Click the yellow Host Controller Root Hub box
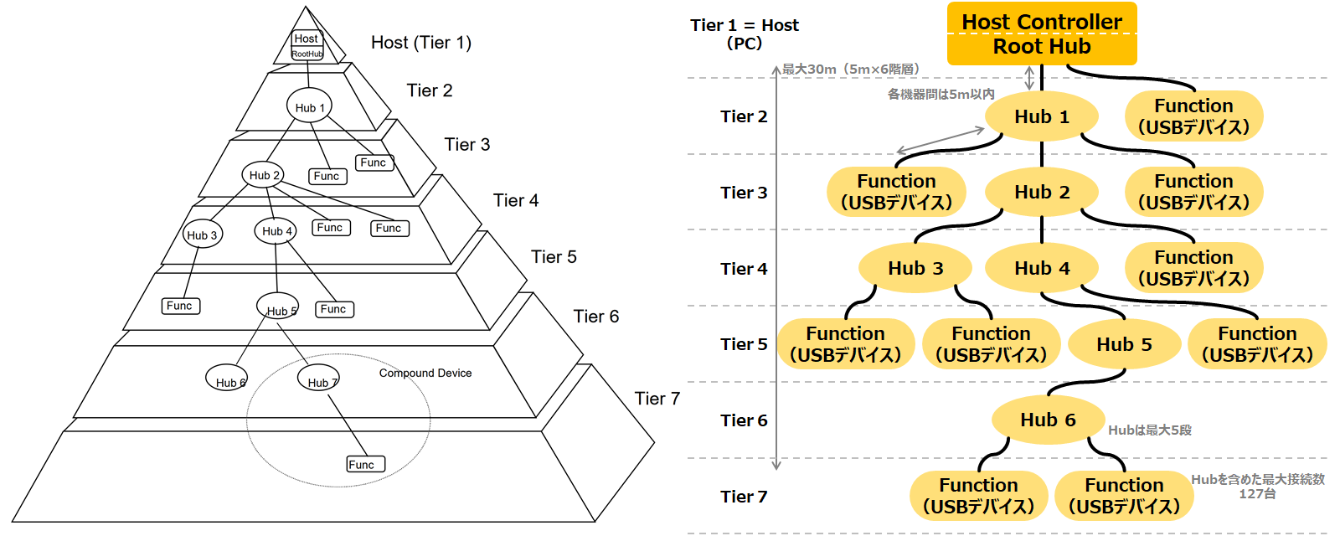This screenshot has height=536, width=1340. click(1041, 33)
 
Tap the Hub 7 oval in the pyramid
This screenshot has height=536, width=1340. click(318, 379)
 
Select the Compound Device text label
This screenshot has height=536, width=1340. click(425, 373)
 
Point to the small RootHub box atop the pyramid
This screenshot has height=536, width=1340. click(307, 54)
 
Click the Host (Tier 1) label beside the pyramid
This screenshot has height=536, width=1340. click(420, 43)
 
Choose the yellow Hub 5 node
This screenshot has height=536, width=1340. click(1124, 344)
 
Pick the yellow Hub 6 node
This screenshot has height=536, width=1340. click(1048, 420)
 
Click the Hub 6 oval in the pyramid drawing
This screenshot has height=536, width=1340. click(227, 379)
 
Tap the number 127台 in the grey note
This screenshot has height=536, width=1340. click(1257, 493)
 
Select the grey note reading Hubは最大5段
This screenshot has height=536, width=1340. click(1149, 430)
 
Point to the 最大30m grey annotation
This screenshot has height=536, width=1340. click(850, 69)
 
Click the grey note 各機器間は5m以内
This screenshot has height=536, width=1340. click(941, 94)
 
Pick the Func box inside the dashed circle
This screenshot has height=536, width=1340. click(366, 464)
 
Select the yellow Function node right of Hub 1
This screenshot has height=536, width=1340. click(1193, 116)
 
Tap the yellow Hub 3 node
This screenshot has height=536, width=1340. click(915, 268)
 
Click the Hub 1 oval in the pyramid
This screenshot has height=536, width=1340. click(309, 106)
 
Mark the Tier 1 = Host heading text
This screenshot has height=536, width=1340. click(744, 25)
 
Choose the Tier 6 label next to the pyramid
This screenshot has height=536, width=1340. click(595, 316)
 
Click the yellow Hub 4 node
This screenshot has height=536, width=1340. click(1042, 268)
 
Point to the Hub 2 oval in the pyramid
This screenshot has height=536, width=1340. click(263, 174)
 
